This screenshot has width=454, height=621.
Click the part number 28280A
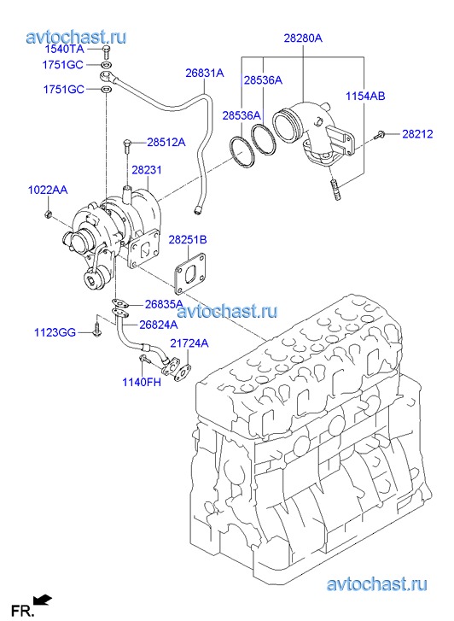303,38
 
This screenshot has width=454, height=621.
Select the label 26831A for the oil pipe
205,73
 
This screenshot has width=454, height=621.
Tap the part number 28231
147,170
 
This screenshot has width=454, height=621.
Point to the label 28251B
188,240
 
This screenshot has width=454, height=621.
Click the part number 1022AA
48,190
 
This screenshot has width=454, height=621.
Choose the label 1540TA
65,49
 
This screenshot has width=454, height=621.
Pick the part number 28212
417,134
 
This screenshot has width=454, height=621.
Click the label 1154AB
365,96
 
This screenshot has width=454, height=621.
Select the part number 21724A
189,343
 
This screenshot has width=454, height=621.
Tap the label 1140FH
142,382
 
